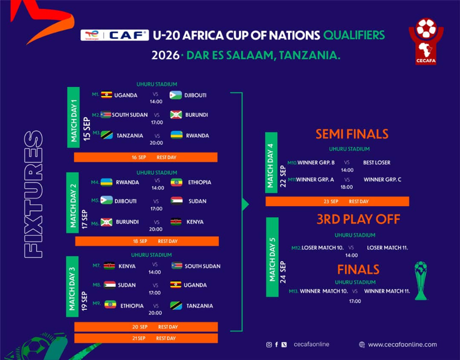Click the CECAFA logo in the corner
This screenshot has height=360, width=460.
pyautogui.click(x=426, y=41)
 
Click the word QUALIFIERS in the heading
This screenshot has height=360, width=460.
pyautogui.click(x=354, y=35)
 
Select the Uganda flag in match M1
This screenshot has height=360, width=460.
pyautogui.click(x=106, y=95)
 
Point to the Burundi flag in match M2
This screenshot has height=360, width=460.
pyautogui.click(x=176, y=115)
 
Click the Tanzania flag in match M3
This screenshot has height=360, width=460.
pyautogui.click(x=107, y=135)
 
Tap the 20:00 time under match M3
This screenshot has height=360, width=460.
pyautogui.click(x=156, y=143)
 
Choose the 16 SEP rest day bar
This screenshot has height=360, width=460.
pyautogui.click(x=146, y=157)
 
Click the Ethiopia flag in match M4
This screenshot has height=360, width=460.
pyautogui.click(x=177, y=182)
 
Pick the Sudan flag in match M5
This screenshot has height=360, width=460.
pyautogui.click(x=177, y=201)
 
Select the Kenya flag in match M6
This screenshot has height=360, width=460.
pyautogui.click(x=176, y=221)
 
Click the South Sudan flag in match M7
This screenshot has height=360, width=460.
pyautogui.click(x=177, y=266)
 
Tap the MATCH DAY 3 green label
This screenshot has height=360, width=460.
pyautogui.click(x=72, y=286)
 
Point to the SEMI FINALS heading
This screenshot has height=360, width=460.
pyautogui.click(x=352, y=134)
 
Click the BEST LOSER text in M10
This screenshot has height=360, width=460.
pyautogui.click(x=377, y=163)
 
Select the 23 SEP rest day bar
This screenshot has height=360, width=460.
pyautogui.click(x=337, y=201)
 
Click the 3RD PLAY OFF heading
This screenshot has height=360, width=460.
pyautogui.click(x=358, y=219)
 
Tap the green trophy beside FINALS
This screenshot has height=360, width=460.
pyautogui.click(x=421, y=280)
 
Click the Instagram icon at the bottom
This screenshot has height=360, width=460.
pyautogui.click(x=269, y=345)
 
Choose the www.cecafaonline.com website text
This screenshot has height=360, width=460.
pyautogui.click(x=402, y=345)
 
